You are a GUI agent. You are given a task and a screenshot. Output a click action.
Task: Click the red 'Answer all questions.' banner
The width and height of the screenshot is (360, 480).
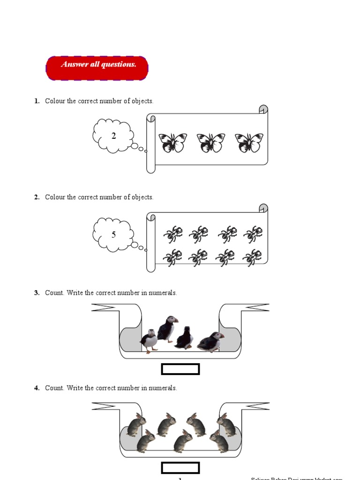[97, 68]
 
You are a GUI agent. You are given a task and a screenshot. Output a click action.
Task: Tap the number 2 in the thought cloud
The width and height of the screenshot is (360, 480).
[113, 136]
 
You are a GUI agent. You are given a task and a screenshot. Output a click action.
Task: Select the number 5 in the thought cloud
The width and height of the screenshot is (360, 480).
[113, 234]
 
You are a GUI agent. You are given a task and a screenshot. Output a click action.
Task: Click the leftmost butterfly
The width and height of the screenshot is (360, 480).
[172, 142]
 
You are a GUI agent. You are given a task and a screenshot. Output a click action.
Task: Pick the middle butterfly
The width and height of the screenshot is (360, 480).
[210, 142]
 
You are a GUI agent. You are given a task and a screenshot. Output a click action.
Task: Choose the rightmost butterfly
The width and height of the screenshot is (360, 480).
[248, 142]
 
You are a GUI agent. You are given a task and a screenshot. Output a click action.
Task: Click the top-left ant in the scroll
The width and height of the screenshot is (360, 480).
[172, 234]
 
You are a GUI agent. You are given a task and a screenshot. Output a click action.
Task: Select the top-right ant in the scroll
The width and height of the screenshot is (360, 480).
[253, 234]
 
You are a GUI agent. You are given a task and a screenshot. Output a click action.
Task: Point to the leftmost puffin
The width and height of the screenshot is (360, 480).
[149, 341]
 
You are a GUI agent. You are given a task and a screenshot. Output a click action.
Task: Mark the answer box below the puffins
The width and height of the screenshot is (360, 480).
[180, 369]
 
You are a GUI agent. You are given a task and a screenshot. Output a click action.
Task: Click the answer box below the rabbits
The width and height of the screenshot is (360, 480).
[180, 468]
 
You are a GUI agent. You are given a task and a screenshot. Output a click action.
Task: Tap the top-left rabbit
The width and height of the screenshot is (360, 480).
[136, 425]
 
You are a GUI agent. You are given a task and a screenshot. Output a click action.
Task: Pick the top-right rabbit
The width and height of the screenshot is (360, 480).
[226, 424]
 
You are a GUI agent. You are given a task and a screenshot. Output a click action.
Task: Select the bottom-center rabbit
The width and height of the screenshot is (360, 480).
[183, 442]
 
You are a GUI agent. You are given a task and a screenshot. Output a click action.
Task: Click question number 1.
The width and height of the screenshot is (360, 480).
[37, 101]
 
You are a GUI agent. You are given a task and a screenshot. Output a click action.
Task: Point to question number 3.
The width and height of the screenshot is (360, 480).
[37, 293]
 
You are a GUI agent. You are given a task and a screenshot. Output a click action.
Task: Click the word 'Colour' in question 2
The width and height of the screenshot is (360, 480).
[55, 197]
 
